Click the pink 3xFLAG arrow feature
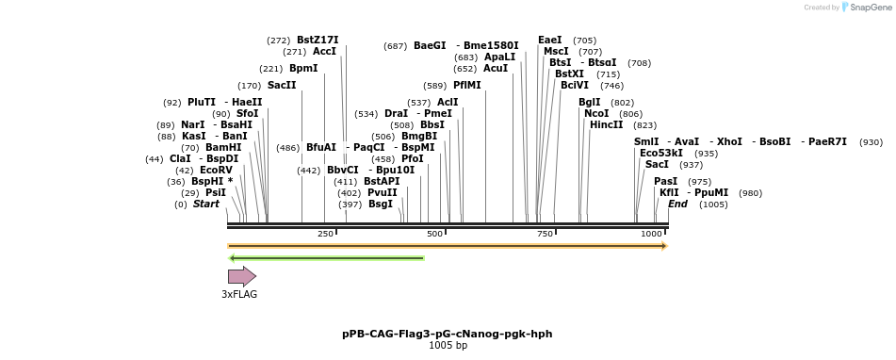(242, 276)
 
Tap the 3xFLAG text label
(239, 294)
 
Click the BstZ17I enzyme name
(318, 40)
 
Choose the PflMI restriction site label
(467, 86)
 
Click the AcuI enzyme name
(496, 69)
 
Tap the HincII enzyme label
(607, 125)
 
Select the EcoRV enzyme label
(216, 171)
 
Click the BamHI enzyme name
(223, 147)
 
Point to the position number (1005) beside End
(714, 205)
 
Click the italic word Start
(206, 204)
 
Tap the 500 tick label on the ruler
(434, 234)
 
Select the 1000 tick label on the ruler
(651, 234)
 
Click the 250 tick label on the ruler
(325, 234)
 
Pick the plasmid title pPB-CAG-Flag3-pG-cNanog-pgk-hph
(448, 334)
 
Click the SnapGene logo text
(871, 8)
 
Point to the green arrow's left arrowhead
(232, 258)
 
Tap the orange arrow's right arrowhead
(664, 246)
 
